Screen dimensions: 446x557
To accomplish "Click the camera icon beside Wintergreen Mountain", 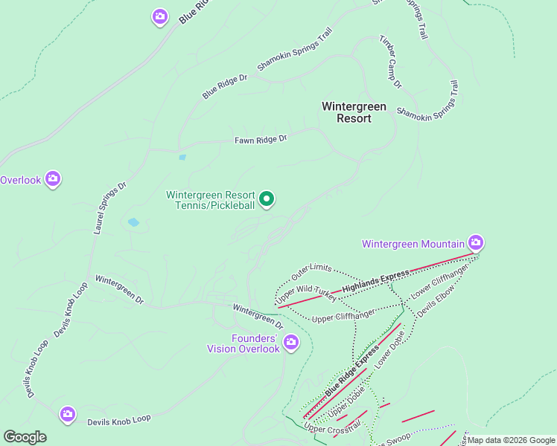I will (476, 242).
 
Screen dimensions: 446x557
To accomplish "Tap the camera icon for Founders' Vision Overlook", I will (291, 343).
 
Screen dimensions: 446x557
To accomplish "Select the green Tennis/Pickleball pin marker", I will (267, 199).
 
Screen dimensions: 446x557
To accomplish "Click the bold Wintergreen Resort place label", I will (354, 112).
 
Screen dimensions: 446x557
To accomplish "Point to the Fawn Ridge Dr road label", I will (261, 140).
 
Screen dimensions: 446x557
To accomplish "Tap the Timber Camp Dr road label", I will (390, 62).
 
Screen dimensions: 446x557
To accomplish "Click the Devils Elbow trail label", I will (434, 300).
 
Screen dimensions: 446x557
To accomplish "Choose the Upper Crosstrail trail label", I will (332, 428).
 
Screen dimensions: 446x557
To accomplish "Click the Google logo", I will (25, 437).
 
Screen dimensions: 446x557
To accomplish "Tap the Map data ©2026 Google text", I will (511, 440).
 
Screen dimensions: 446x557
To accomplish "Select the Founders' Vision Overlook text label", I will (244, 343).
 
